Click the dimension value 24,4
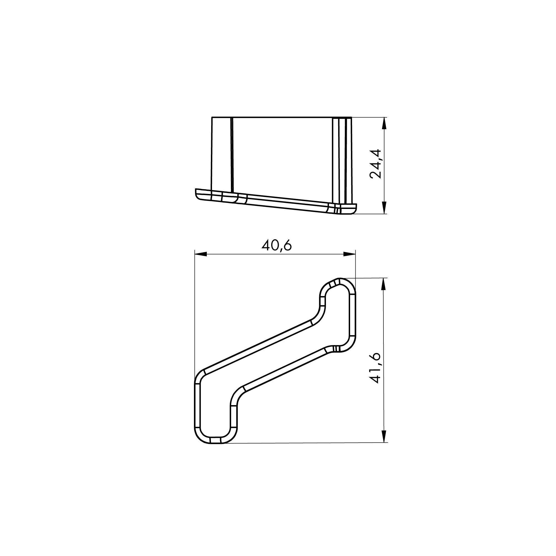click(x=376, y=164)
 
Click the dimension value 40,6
click(x=276, y=245)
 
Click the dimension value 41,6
click(x=376, y=368)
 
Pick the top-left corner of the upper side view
click(x=212, y=118)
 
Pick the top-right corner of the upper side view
click(x=352, y=118)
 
